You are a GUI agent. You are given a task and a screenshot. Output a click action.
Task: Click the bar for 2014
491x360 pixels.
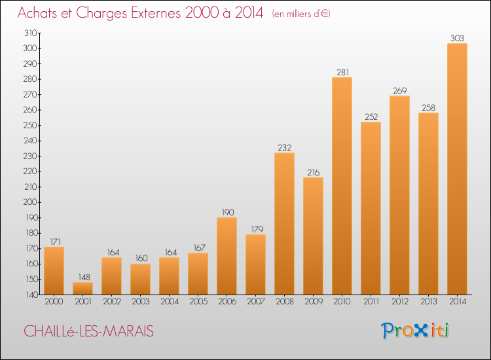click(x=457, y=169)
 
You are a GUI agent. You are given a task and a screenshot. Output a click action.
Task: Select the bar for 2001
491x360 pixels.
click(x=82, y=288)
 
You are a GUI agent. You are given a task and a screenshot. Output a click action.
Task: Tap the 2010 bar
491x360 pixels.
click(x=342, y=186)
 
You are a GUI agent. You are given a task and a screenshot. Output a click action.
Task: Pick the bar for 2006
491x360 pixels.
click(x=227, y=256)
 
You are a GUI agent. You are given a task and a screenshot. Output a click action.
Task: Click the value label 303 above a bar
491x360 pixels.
click(x=457, y=38)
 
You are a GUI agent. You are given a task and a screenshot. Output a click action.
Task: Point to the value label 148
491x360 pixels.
click(x=84, y=277)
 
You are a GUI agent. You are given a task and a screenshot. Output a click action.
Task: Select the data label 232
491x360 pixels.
click(x=284, y=147)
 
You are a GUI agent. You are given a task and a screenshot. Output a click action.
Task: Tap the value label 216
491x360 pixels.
click(x=313, y=173)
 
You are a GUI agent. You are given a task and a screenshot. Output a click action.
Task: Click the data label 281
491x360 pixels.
click(x=342, y=72)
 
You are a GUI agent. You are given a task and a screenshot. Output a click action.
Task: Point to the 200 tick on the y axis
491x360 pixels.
click(x=30, y=202)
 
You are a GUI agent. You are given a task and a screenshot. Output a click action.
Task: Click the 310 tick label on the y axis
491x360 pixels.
click(x=31, y=33)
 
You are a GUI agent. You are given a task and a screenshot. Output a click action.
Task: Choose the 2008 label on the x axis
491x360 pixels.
click(x=285, y=302)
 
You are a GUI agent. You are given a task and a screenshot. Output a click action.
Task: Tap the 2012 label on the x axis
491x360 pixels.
click(x=400, y=302)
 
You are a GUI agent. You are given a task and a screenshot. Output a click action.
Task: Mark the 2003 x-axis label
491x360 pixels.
click(x=141, y=302)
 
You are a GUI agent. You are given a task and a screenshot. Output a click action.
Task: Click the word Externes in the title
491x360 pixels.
click(x=156, y=13)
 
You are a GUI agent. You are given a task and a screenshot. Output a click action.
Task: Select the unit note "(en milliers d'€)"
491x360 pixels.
click(x=301, y=14)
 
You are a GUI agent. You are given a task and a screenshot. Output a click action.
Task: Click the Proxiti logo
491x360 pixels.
click(x=415, y=331)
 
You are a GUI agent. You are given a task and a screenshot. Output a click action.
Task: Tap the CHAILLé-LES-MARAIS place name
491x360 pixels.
click(x=88, y=331)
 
